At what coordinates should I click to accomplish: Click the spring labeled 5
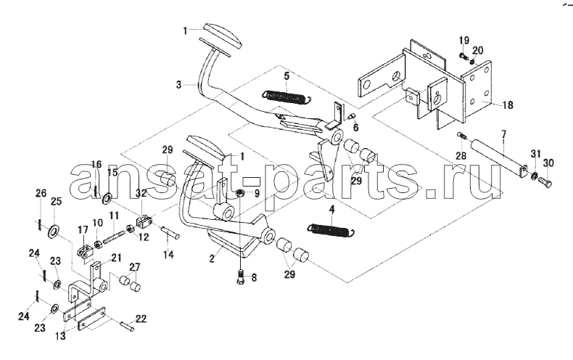287,97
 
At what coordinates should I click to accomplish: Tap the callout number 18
508,105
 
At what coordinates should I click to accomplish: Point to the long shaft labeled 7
500,157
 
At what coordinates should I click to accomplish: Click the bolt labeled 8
241,277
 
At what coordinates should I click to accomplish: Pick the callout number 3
178,85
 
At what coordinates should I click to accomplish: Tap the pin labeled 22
127,326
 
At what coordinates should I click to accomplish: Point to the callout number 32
141,193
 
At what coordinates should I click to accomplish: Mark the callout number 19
464,40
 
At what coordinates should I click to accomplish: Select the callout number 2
212,259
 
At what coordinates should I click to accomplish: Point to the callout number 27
134,266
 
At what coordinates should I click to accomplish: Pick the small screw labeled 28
461,136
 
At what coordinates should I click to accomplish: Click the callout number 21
116,258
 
